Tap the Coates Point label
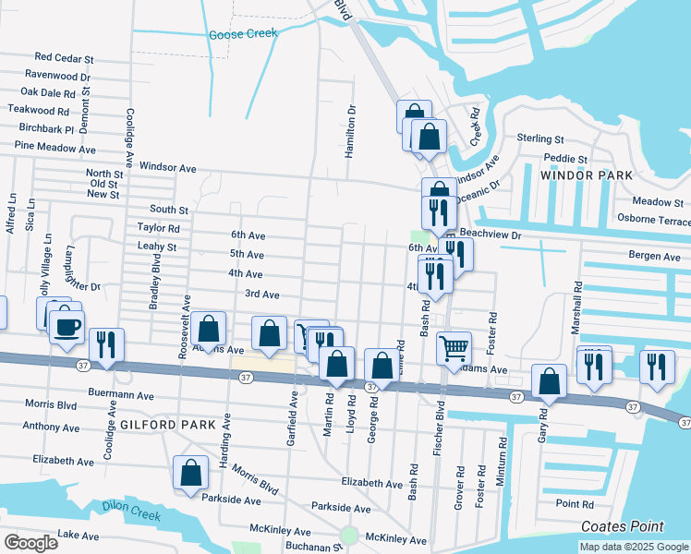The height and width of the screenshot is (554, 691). coord(622,526)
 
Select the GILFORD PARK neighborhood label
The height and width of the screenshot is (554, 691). coord(167,425)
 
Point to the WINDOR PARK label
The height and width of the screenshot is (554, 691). coord(587,175)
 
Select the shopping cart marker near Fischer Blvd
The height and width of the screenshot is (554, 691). coord(454,348)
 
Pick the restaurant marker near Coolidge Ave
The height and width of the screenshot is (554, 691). coord(106,345)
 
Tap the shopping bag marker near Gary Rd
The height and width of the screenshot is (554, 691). coord(550,381)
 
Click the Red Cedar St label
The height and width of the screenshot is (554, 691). coord(65,58)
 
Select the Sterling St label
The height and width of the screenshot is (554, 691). coord(540,138)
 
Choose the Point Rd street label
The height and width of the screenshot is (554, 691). coord(576,504)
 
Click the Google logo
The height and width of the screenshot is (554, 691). coord(30,543)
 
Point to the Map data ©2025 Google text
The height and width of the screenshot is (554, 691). coord(633,547)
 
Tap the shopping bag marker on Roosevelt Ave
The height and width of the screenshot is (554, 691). coord(210,329)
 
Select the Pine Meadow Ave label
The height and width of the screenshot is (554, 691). coord(55,148)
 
